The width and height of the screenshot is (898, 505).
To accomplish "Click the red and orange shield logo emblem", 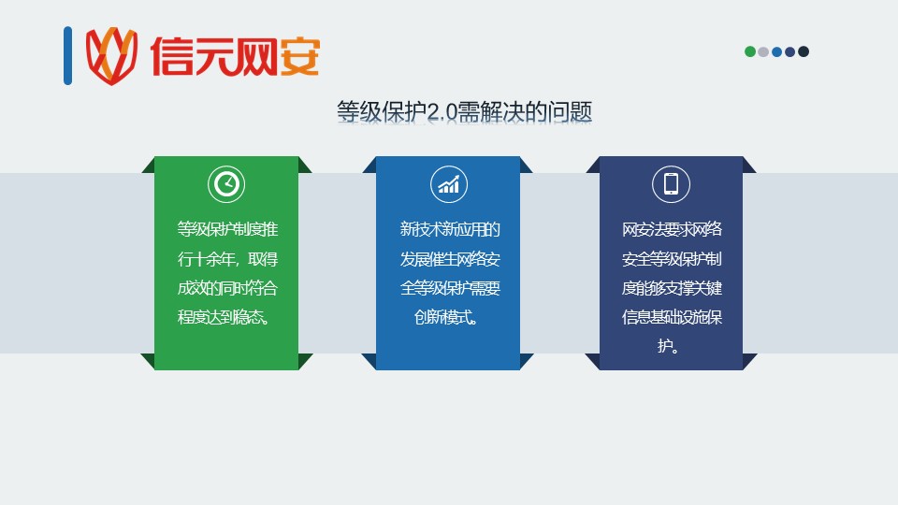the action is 111,56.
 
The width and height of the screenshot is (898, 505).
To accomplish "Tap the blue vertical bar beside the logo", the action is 67,55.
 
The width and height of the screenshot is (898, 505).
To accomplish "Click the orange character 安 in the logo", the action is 299,56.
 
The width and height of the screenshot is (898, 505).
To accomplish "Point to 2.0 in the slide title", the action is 442,111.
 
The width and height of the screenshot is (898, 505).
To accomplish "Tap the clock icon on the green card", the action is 226,184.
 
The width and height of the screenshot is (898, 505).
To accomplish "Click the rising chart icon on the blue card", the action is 448,184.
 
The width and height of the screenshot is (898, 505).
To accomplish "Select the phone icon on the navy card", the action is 671,184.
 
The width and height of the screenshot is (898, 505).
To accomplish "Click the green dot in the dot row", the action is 749,51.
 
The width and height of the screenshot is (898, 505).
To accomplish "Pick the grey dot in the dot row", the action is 763,51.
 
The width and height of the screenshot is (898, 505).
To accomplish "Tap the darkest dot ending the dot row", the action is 804,51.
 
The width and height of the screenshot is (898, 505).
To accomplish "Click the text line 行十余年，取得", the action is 227,259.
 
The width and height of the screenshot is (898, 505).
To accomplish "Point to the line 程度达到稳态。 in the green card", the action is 224,317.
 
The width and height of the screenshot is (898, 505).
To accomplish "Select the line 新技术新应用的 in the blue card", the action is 450,229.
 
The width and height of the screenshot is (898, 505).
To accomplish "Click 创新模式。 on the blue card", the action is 446,317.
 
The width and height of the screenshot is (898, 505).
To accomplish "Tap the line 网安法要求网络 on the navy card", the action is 672,229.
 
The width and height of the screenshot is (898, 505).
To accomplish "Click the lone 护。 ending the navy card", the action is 668,346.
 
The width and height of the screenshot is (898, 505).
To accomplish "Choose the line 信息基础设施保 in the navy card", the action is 672,317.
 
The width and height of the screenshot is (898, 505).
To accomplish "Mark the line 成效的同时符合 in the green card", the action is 227,287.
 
